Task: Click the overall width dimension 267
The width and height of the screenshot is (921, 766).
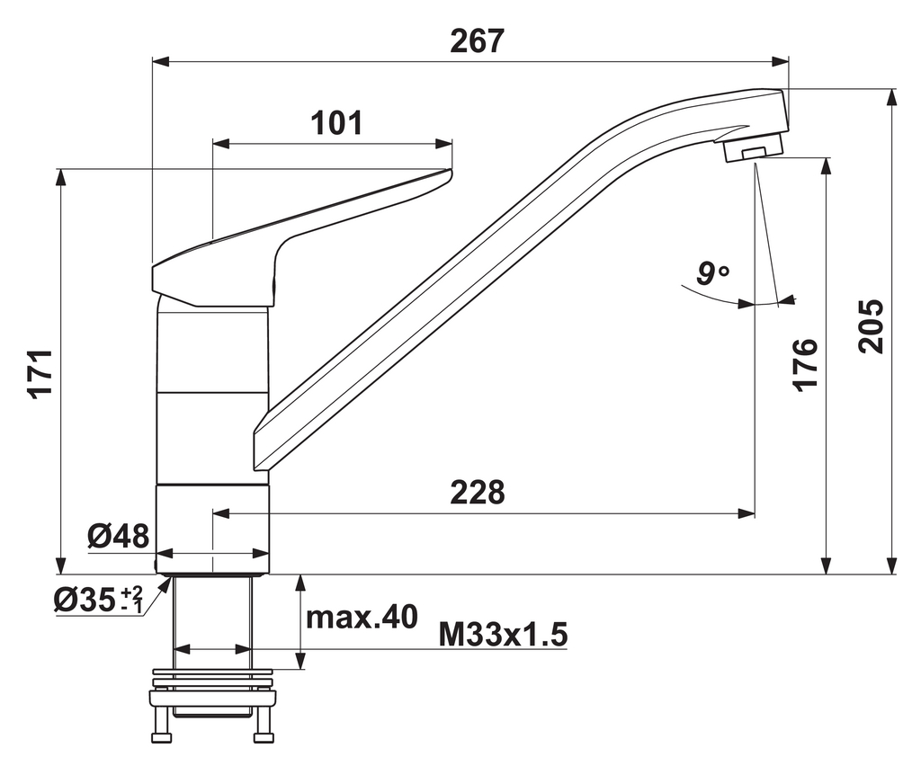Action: pos(477,41)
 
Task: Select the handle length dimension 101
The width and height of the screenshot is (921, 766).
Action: pos(336,122)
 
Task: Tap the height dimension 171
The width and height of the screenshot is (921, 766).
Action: pos(44,372)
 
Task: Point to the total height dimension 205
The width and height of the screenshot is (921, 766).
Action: pos(870,325)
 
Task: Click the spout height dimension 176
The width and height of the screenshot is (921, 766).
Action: pos(805,364)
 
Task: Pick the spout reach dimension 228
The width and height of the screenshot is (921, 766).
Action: pos(477,492)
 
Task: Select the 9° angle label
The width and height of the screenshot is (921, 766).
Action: pos(713,272)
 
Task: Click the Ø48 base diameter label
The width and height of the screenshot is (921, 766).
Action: pos(118,537)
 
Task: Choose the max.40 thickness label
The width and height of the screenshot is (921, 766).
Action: pos(362,618)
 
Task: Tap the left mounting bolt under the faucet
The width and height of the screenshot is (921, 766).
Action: pos(163,725)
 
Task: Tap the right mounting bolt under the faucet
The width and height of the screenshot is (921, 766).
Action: pos(263,725)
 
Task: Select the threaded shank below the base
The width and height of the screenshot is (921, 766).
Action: pos(212,620)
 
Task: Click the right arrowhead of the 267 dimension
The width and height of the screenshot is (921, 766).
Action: pos(782,62)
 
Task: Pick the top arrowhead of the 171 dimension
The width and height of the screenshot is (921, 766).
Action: pos(61,175)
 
